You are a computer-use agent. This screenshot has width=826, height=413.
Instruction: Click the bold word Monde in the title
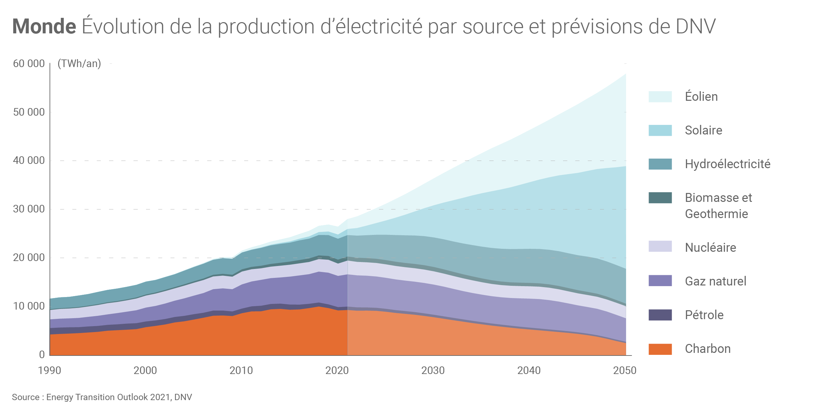pyautogui.click(x=44, y=26)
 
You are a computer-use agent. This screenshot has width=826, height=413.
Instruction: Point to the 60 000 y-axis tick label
pyautogui.click(x=29, y=63)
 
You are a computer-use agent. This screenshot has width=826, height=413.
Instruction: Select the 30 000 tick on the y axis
pyautogui.click(x=29, y=209)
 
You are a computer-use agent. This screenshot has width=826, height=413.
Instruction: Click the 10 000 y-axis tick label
pyautogui.click(x=29, y=306)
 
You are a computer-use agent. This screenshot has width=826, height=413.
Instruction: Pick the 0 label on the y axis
pyautogui.click(x=42, y=355)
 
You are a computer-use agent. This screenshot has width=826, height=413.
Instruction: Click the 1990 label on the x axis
pyautogui.click(x=50, y=370)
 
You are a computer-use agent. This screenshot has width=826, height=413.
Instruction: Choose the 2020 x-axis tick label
pyautogui.click(x=337, y=370)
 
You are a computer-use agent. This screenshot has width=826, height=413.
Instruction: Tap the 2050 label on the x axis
pyautogui.click(x=625, y=370)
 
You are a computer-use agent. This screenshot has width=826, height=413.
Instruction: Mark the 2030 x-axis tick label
pyautogui.click(x=433, y=370)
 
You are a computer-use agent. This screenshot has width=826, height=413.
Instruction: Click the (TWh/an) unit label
pyautogui.click(x=79, y=63)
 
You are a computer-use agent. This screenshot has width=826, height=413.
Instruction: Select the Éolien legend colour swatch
pyautogui.click(x=660, y=97)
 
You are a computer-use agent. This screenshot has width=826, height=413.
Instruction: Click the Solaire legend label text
pyautogui.click(x=703, y=131)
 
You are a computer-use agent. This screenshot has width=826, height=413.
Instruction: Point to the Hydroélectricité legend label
pyautogui.click(x=728, y=164)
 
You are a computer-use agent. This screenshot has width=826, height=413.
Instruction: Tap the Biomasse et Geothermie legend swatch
pyautogui.click(x=660, y=198)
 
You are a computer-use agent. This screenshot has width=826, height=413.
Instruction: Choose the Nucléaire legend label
pyautogui.click(x=710, y=247)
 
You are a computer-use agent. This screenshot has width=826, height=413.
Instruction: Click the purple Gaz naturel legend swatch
pyautogui.click(x=660, y=281)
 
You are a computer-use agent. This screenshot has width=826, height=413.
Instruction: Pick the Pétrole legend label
pyautogui.click(x=704, y=315)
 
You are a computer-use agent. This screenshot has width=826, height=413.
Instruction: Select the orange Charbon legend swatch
pyautogui.click(x=660, y=349)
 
